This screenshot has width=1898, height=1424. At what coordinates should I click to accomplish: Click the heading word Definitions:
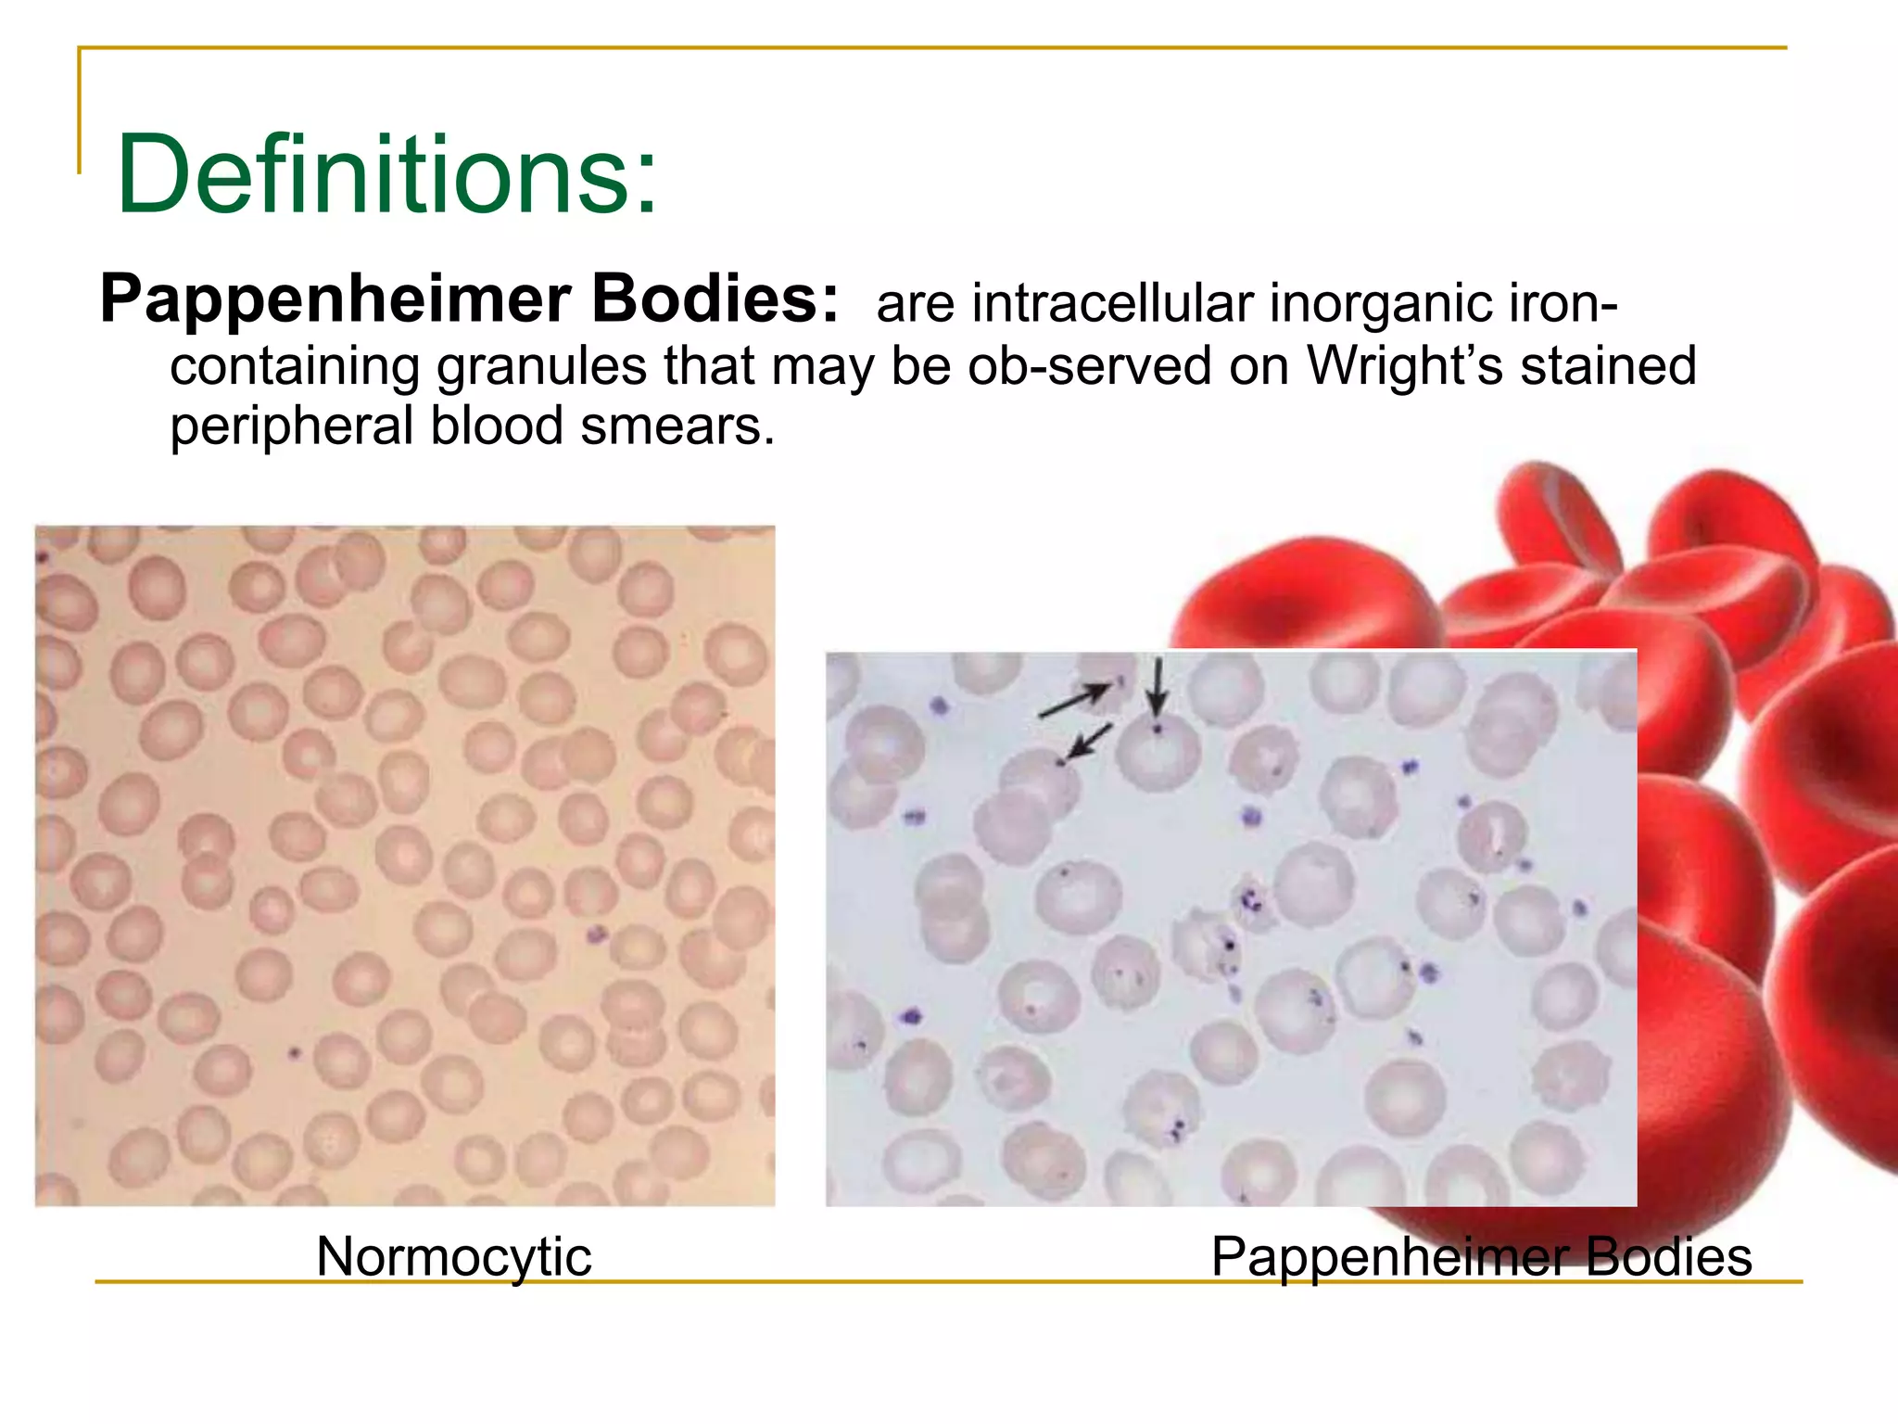point(387,174)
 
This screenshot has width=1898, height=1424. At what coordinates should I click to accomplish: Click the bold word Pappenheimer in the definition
point(335,300)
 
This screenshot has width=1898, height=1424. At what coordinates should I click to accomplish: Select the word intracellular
point(1112,303)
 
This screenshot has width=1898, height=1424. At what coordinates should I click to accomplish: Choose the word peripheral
point(291,426)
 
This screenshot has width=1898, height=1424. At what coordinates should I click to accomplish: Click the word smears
point(677,426)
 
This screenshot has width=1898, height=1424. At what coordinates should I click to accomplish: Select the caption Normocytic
point(453,1257)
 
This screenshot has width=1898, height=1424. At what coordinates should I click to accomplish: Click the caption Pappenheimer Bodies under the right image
point(1481,1257)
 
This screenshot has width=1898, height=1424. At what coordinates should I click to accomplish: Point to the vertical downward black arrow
point(1156,686)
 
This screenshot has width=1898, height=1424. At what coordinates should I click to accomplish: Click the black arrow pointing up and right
point(1073,702)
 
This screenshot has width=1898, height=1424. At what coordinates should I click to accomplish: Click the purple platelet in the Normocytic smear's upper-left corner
point(42,557)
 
